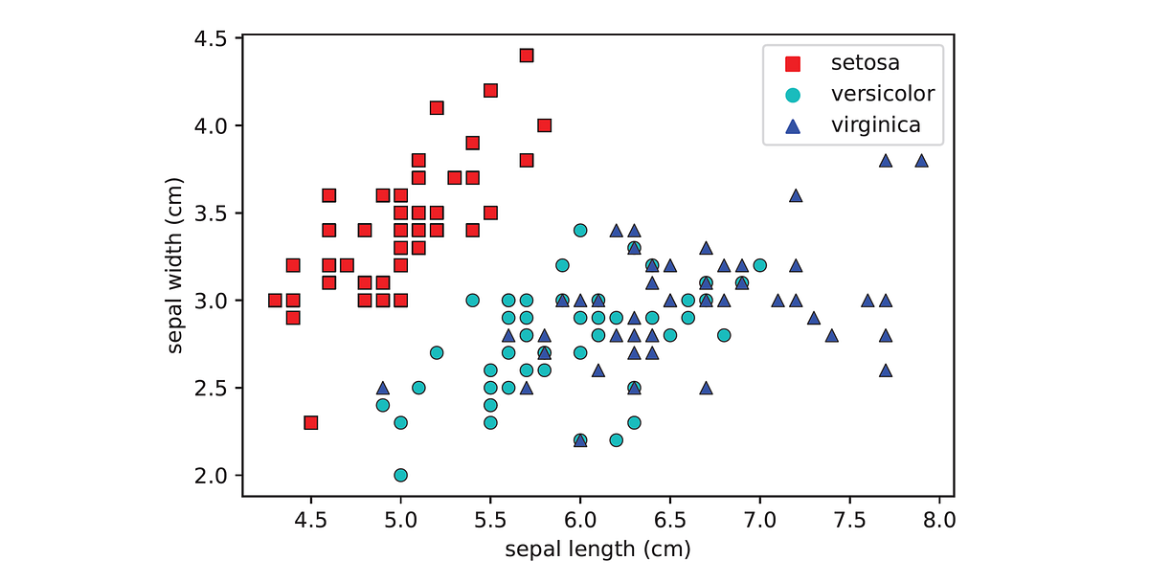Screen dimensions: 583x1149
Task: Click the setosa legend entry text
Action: pos(864,63)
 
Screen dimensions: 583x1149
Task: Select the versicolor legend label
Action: pos(882,94)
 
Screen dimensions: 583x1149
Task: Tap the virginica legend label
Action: pos(875,124)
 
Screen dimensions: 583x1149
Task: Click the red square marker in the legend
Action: pos(793,64)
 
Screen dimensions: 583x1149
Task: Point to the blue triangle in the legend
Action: pos(793,124)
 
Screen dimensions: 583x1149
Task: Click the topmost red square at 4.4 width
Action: pos(526,56)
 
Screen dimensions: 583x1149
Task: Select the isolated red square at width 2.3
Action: pos(310,422)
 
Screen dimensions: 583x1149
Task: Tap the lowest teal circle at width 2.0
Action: pos(400,475)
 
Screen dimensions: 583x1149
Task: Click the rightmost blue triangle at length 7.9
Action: pos(921,161)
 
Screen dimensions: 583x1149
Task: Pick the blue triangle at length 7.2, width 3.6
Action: pos(796,195)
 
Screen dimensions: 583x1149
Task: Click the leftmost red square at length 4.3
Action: pos(275,300)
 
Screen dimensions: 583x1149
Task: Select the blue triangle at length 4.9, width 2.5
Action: pos(383,388)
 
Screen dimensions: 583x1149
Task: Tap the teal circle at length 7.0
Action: pos(759,265)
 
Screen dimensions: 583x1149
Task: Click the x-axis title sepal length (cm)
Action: pos(597,549)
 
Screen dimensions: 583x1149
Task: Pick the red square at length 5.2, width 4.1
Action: pos(437,108)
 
